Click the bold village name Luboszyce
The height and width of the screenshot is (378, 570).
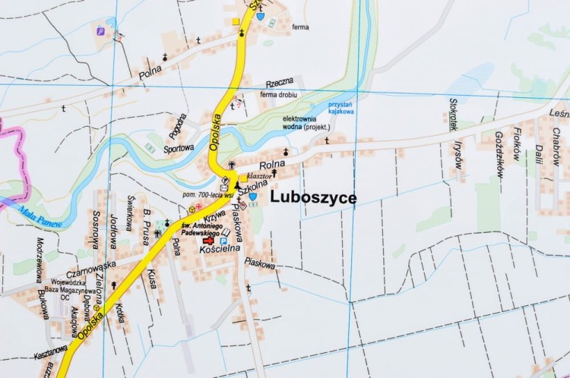[x=313, y=197]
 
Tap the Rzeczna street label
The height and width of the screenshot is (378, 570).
[x=279, y=83]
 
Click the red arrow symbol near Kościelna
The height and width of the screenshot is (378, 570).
[x=208, y=241]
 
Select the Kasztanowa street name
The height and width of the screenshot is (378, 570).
[x=51, y=354]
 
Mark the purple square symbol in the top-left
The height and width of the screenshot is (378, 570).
[x=100, y=31]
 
